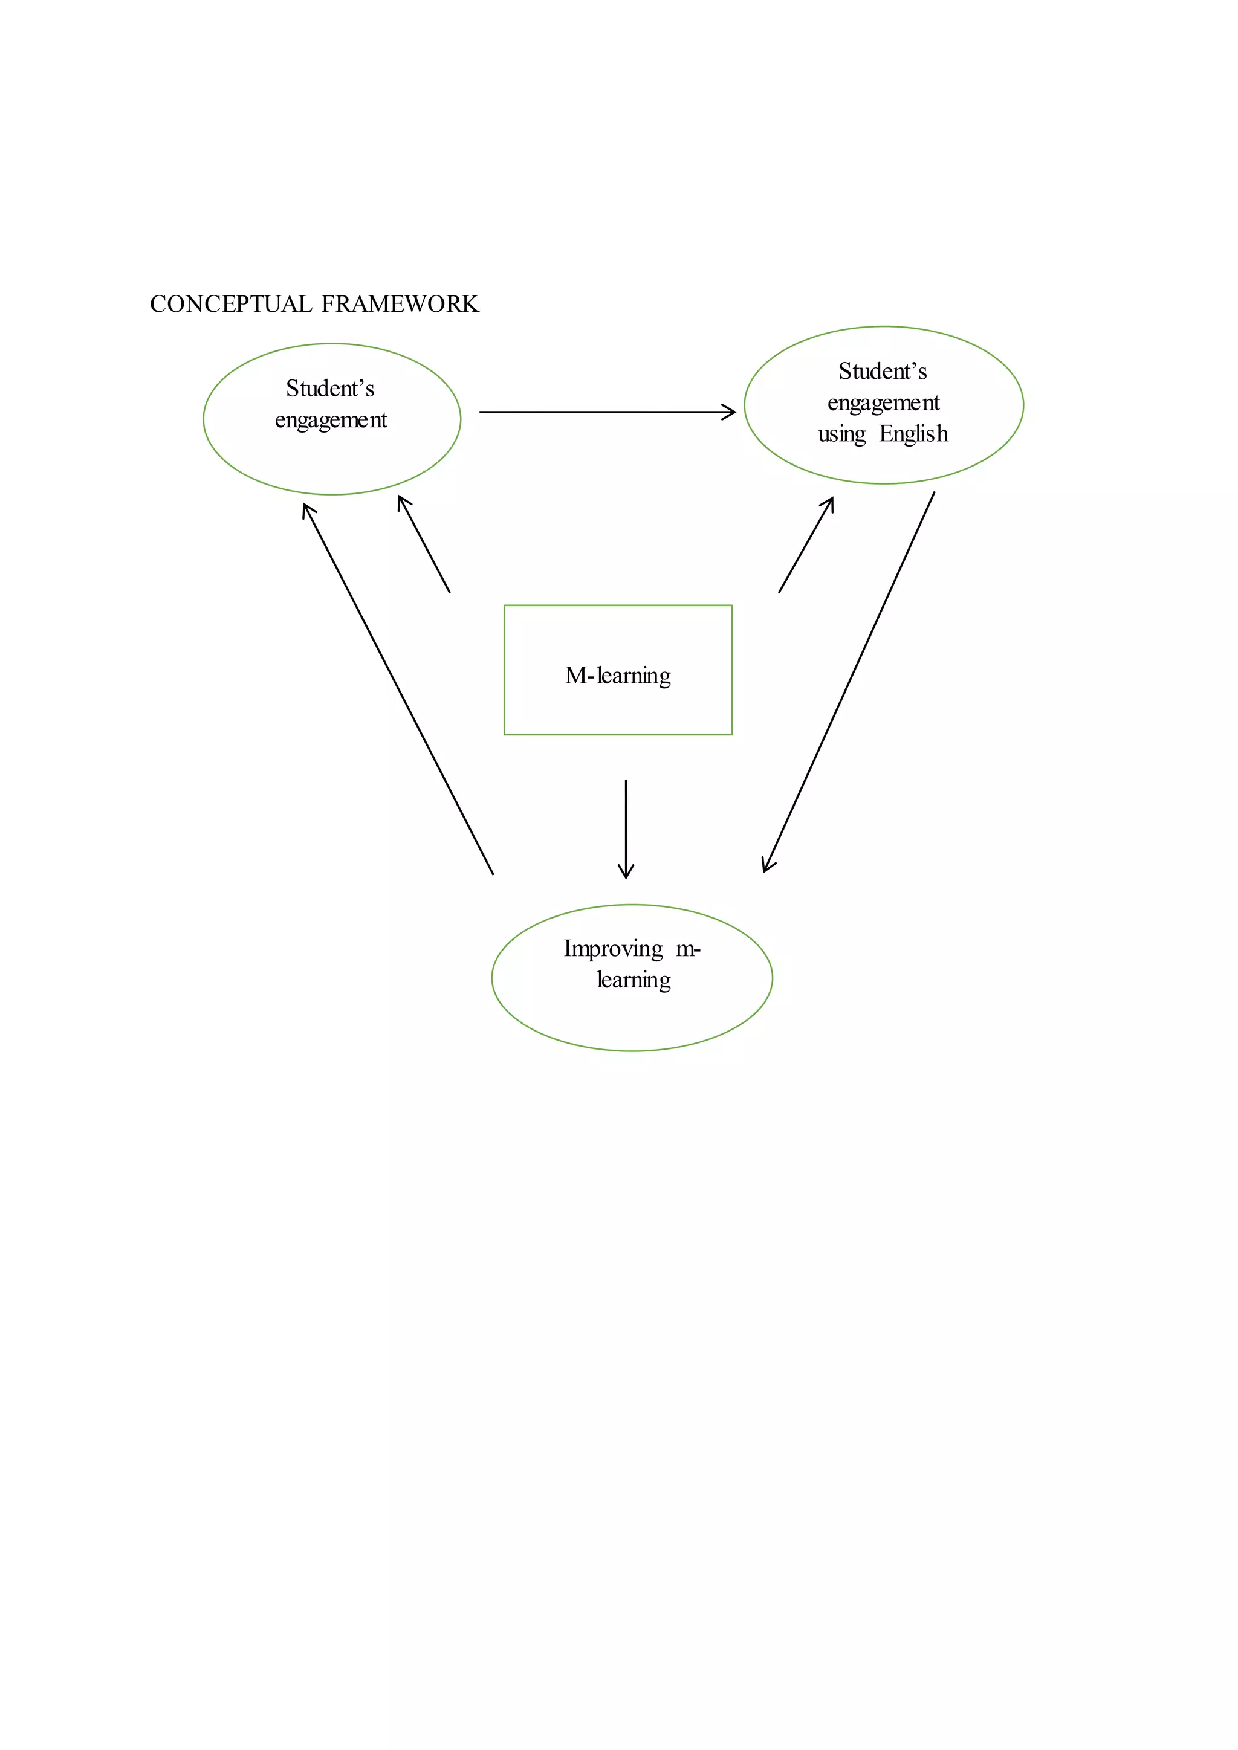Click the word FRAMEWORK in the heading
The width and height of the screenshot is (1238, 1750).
400,304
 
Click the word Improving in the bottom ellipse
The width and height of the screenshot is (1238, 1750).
613,949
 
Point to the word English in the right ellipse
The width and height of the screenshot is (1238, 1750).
913,434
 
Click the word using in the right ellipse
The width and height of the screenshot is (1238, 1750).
841,434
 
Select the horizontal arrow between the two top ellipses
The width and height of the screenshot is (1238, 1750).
602,412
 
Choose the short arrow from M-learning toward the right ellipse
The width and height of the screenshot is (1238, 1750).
806,545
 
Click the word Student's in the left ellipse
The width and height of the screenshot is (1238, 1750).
330,389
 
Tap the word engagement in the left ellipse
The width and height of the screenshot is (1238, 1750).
331,420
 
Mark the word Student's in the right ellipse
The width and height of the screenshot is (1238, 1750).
883,371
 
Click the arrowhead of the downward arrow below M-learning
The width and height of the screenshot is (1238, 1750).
626,873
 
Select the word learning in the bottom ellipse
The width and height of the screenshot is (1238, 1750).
634,980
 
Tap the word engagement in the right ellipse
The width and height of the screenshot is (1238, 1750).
884,402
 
